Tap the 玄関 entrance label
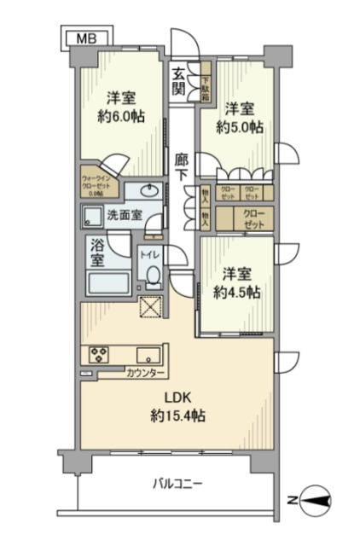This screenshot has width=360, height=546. pos(178,81)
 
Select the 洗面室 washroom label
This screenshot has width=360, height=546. pos(123,216)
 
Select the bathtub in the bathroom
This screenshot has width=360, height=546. pos(107,282)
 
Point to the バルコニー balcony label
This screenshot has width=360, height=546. pos(179,484)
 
